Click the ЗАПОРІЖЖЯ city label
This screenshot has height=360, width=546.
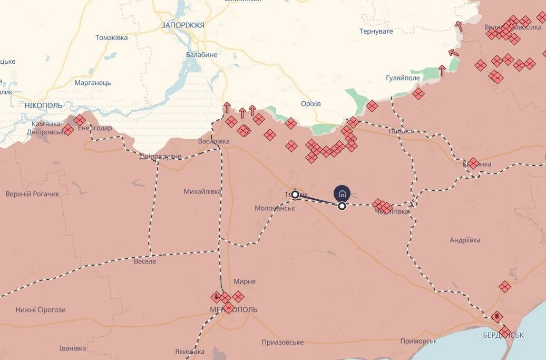coord(182,25)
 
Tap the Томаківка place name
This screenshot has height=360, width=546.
coord(111,37)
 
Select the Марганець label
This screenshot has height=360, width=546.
coord(92,83)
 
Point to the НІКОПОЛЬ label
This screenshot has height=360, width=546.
coord(43,105)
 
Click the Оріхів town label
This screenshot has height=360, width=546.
coord(310,103)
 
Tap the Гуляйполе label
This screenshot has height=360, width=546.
coord(403,78)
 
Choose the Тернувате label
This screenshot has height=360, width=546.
coord(376,32)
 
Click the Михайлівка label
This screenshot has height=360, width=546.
coord(202,191)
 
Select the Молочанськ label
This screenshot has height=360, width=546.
coord(274,208)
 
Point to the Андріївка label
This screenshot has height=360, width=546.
coord(465,240)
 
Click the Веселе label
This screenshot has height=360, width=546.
coord(145,261)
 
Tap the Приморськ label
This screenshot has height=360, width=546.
coord(418,341)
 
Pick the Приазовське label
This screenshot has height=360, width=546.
coord(282,342)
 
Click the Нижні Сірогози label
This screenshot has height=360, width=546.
coord(41,309)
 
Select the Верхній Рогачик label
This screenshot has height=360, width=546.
coord(33,194)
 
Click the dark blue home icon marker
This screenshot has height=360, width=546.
coord(342,192)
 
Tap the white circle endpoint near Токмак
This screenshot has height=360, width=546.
coord(295,194)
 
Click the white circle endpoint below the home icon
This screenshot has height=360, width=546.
coord(342,206)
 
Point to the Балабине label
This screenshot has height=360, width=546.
coord(201,54)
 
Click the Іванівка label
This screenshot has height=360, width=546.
coord(73,348)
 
